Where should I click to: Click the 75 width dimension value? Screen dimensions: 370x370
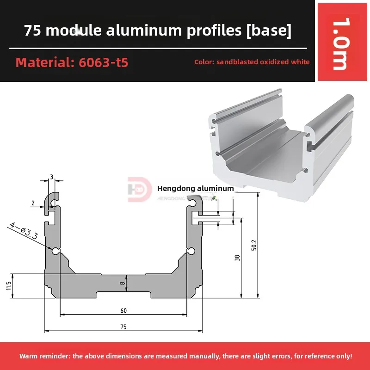[123, 327]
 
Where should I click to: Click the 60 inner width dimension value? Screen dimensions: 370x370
[123, 310]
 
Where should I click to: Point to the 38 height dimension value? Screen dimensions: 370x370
[237, 259]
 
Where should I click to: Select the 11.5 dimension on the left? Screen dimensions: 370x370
[8, 286]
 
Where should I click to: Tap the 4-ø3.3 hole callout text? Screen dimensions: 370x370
[23, 230]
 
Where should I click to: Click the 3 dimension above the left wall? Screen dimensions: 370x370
[52, 177]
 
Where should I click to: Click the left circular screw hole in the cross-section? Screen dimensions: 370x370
[55, 251]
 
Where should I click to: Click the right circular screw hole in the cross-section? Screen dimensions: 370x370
[191, 251]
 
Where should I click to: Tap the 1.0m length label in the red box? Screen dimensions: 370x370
[340, 44]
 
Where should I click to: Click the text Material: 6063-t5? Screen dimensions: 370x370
[72, 62]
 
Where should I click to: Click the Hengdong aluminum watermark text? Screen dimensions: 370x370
[195, 188]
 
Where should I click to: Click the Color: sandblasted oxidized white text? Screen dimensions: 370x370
[252, 62]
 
